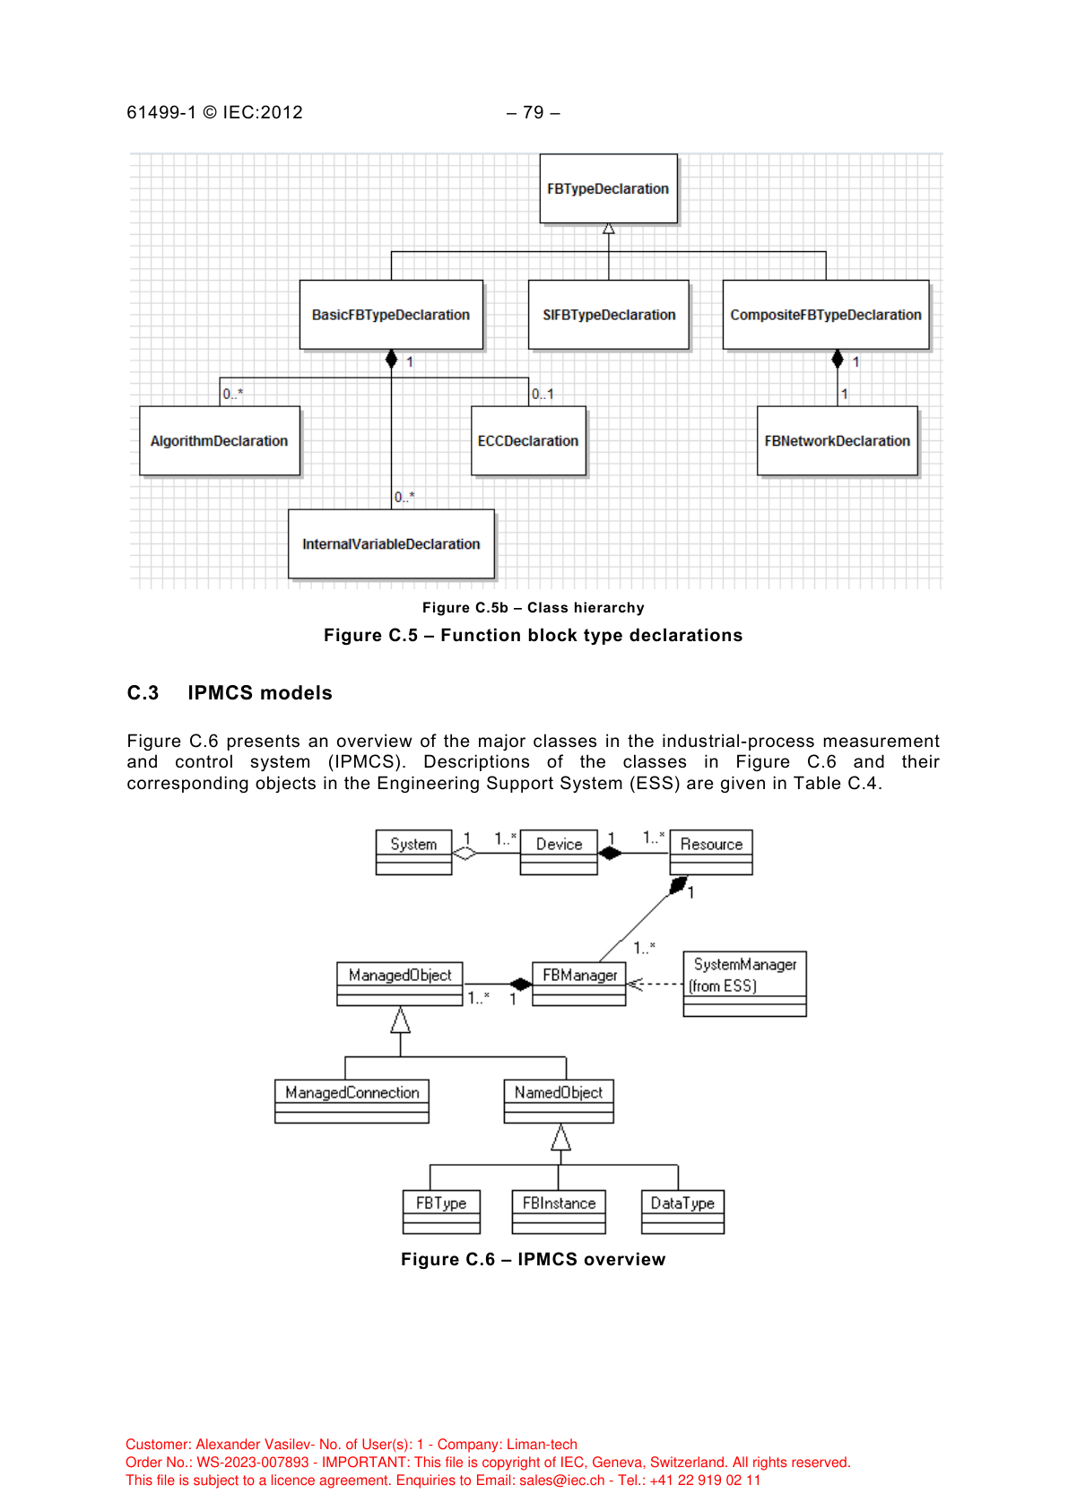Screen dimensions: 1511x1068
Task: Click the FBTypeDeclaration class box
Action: tap(608, 188)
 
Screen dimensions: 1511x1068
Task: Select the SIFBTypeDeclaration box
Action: tap(609, 315)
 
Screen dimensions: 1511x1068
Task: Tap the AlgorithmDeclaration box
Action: tap(220, 441)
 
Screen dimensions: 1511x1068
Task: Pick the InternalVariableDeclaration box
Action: tap(391, 544)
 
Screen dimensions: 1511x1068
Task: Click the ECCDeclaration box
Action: tap(528, 441)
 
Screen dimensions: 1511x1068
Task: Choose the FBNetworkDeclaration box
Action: tap(838, 441)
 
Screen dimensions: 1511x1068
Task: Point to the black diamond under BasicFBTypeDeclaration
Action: tap(391, 360)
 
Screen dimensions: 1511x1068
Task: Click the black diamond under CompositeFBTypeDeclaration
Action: tap(838, 360)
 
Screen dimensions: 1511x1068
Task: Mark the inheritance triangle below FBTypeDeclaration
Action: tap(609, 229)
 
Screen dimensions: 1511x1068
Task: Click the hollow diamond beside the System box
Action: tap(465, 853)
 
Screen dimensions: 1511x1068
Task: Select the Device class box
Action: tap(559, 852)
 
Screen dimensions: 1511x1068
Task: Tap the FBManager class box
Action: tap(579, 984)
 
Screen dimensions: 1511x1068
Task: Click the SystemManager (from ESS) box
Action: tap(744, 984)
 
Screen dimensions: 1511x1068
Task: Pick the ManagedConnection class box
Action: tap(352, 1101)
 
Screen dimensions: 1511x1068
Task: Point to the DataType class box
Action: tap(682, 1211)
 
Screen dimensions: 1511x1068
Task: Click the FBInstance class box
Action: tap(559, 1211)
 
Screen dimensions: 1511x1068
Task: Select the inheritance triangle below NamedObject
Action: tap(560, 1138)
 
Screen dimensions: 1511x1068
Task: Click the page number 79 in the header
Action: tap(534, 113)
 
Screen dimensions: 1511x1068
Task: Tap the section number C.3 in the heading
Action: tap(143, 693)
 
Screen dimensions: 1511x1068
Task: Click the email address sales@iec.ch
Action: tap(562, 1481)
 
